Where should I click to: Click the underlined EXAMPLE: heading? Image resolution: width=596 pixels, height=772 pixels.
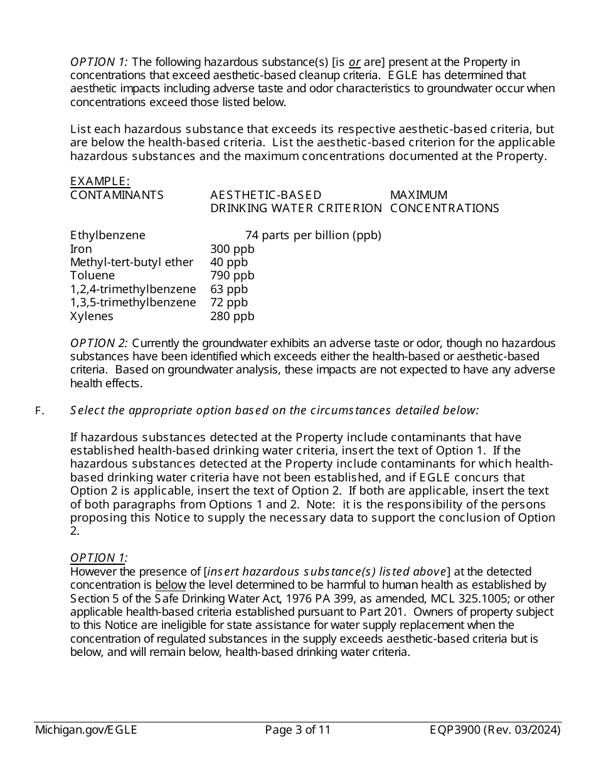click(x=100, y=181)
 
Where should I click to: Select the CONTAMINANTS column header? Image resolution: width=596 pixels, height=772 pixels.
click(x=117, y=195)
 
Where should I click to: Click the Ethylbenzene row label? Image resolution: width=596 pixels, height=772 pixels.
click(x=107, y=235)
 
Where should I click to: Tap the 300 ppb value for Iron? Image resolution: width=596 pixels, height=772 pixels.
click(x=232, y=249)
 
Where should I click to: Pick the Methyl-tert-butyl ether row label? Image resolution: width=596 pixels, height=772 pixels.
click(x=132, y=262)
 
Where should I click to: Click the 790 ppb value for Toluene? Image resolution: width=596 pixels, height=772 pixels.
click(x=232, y=276)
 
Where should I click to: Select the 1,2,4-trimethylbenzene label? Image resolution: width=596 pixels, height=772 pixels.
click(x=133, y=289)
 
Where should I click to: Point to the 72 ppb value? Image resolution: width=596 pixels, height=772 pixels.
click(x=229, y=303)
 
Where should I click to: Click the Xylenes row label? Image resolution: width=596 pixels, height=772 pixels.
click(x=92, y=316)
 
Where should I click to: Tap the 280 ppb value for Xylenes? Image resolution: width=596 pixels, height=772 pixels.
click(x=232, y=316)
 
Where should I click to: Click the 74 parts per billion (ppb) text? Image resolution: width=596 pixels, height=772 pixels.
click(x=313, y=235)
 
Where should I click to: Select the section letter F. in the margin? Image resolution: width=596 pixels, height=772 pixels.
click(x=40, y=411)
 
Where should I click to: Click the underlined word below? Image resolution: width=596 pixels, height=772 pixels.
click(x=171, y=586)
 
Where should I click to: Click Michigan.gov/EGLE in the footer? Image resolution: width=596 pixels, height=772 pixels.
click(x=86, y=730)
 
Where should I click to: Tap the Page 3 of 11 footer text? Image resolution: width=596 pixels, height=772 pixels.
click(x=297, y=730)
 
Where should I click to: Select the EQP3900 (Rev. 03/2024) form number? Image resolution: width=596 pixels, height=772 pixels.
click(x=495, y=730)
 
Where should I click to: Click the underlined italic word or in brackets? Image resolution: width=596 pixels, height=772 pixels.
click(x=354, y=62)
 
